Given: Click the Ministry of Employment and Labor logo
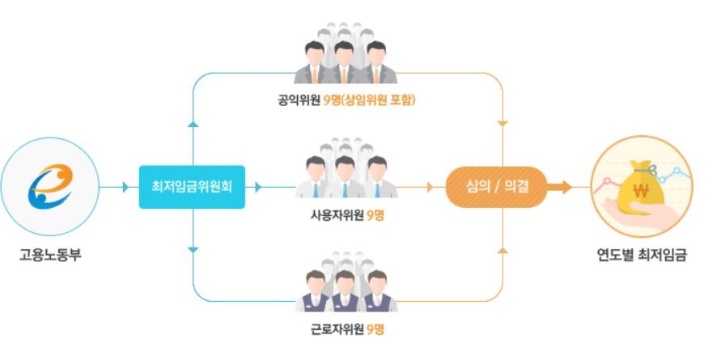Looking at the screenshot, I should pyautogui.click(x=50, y=186).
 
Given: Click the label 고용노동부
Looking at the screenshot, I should pyautogui.click(x=50, y=256).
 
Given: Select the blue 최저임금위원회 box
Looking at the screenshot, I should pyautogui.click(x=191, y=187).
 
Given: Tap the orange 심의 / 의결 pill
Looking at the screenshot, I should pyautogui.click(x=495, y=187).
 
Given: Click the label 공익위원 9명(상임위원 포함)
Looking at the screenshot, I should pyautogui.click(x=348, y=102).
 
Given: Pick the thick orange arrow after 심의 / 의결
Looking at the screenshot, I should pyautogui.click(x=559, y=187).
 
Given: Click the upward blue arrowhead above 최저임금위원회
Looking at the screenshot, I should pyautogui.click(x=193, y=125).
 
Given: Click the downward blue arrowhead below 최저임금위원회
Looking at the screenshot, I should pyautogui.click(x=193, y=248).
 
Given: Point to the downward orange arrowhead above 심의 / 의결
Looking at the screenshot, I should pyautogui.click(x=502, y=125).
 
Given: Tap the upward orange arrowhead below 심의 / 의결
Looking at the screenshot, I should pyautogui.click(x=502, y=248).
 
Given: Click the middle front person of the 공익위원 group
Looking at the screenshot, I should pyautogui.click(x=346, y=65).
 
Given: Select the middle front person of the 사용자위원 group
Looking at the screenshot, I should pyautogui.click(x=346, y=177).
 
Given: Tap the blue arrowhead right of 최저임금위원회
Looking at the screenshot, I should pyautogui.click(x=258, y=187).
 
